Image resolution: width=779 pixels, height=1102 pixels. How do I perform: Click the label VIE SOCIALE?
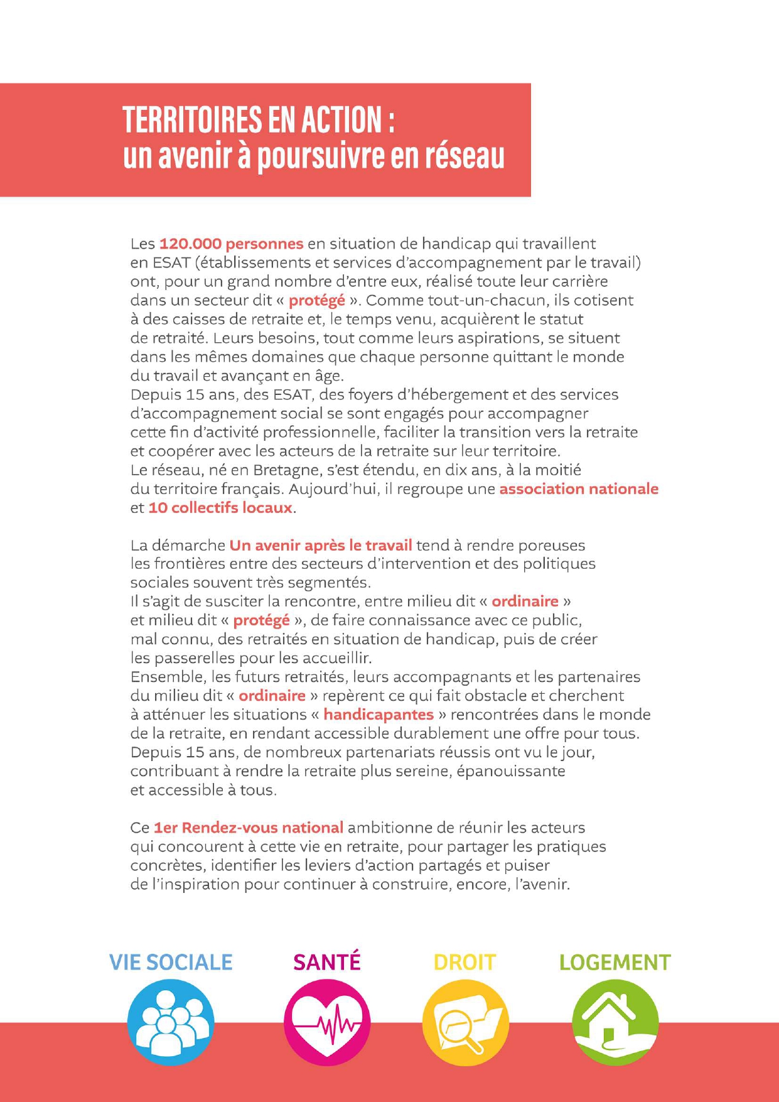(x=171, y=963)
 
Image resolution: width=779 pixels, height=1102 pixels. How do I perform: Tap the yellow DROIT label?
(x=465, y=963)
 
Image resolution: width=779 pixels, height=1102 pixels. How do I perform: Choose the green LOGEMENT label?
(x=615, y=963)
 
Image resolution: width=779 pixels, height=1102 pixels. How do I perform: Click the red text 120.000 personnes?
(x=231, y=244)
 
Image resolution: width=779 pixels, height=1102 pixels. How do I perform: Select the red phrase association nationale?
(x=579, y=489)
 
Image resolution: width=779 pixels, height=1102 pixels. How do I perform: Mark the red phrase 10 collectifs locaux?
(x=220, y=507)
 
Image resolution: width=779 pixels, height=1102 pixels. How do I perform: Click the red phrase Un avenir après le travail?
(x=321, y=545)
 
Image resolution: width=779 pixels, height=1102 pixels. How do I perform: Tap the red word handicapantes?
(x=379, y=715)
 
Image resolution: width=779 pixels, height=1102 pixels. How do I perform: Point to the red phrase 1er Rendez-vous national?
(x=249, y=828)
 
